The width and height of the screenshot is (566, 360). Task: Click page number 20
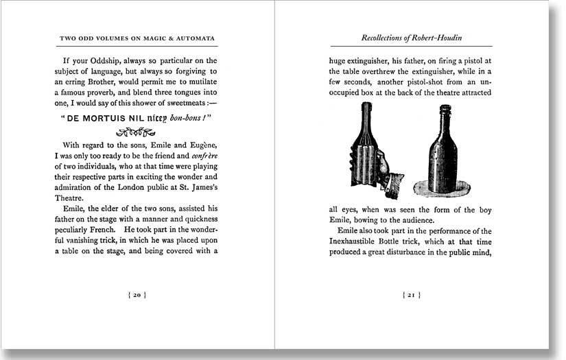[137, 296]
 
